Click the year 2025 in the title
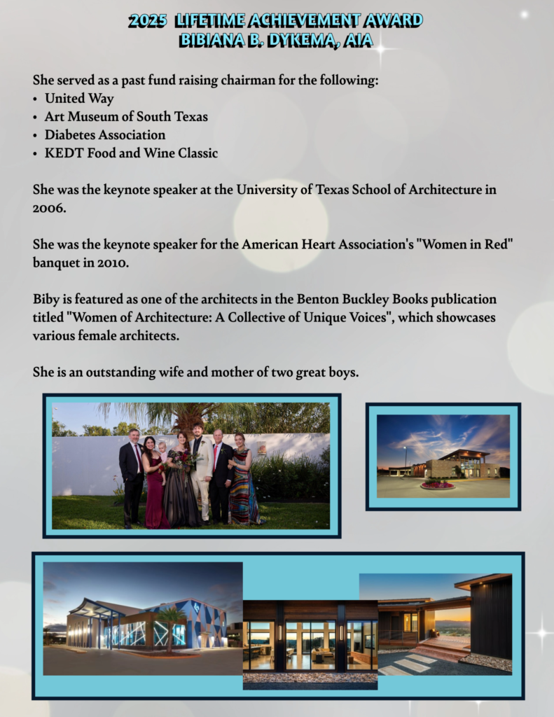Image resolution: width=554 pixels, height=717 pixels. [x=147, y=20]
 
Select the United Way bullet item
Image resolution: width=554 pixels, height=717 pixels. [x=79, y=99]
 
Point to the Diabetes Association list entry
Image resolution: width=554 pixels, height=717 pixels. [x=105, y=135]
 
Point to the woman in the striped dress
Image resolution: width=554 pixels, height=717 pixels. [x=242, y=483]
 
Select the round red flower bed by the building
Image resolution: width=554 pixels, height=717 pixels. [x=437, y=485]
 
